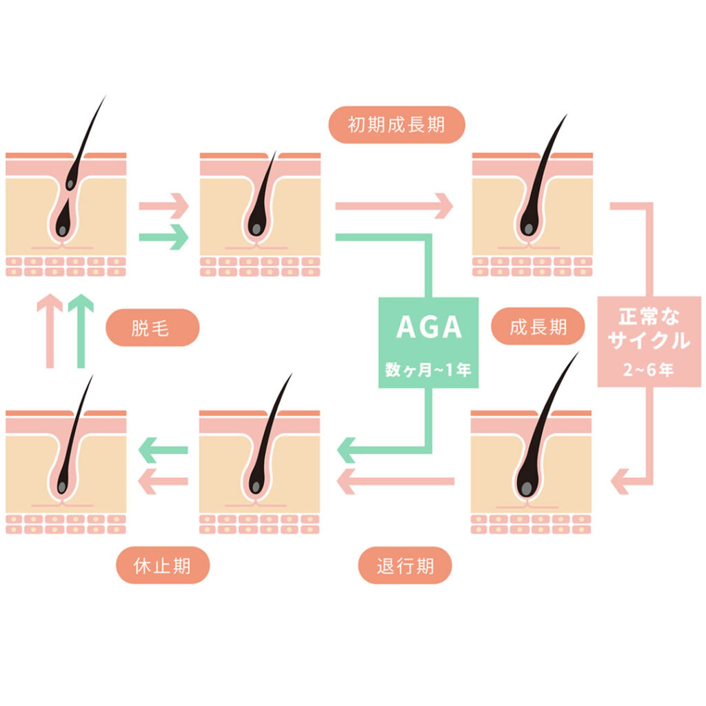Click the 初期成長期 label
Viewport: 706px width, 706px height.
click(396, 125)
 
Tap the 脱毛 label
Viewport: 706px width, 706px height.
click(152, 327)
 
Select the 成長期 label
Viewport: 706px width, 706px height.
click(538, 327)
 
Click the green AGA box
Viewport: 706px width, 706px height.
click(428, 343)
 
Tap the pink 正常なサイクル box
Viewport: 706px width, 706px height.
click(649, 341)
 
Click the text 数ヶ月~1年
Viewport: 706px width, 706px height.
click(428, 370)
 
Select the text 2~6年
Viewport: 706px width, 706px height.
click(649, 369)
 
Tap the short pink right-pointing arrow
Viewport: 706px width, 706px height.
click(164, 205)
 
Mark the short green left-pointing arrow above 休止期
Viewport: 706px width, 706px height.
click(163, 450)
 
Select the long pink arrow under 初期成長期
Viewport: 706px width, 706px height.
click(394, 205)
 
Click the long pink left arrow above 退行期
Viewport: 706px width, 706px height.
click(396, 481)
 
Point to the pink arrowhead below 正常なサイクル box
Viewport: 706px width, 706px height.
click(623, 480)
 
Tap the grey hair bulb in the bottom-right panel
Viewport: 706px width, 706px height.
click(527, 487)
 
